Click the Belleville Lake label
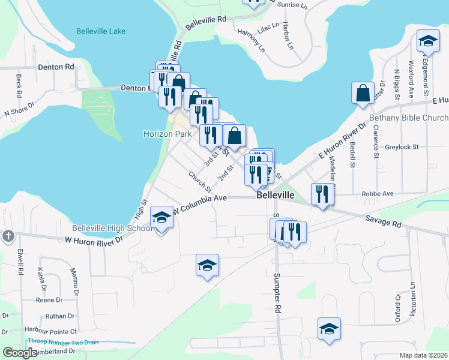(x=101, y=31)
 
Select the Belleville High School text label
(x=112, y=229)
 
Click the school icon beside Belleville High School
(x=161, y=218)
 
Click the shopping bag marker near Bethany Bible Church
(x=363, y=94)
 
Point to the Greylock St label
(x=402, y=146)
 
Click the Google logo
(x=20, y=353)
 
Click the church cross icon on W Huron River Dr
(x=7, y=235)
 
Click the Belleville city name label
(x=275, y=196)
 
